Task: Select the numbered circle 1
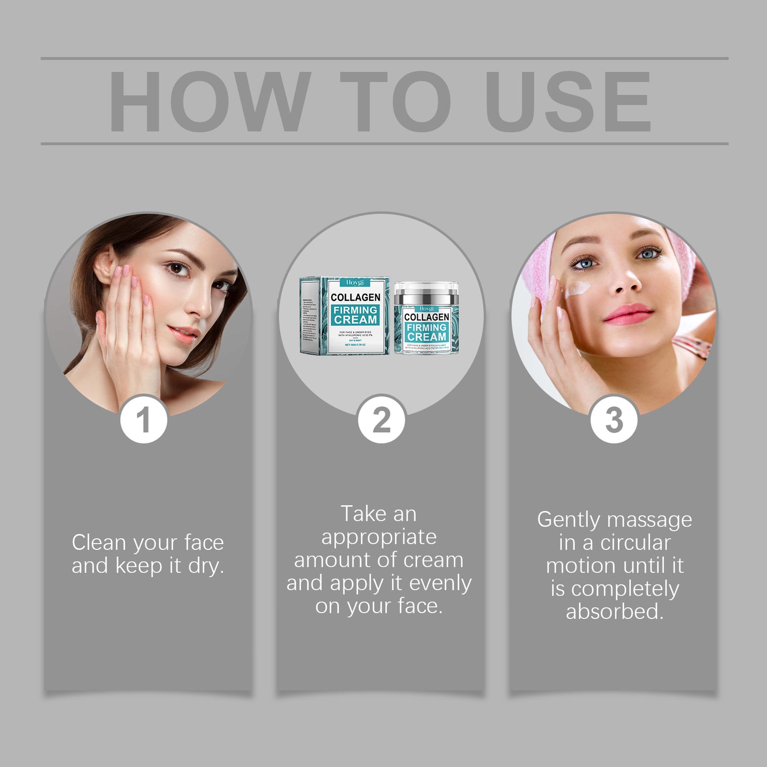click(x=143, y=420)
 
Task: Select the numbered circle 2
click(x=381, y=420)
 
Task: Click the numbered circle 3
click(x=614, y=420)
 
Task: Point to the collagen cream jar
click(x=426, y=318)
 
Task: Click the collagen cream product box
click(x=345, y=315)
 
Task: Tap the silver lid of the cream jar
click(x=426, y=292)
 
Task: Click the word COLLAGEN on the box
click(x=355, y=297)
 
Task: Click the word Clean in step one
click(x=99, y=543)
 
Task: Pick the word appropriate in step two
click(x=379, y=537)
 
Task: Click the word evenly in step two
click(x=440, y=583)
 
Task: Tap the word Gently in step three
click(x=566, y=520)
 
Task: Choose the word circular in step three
click(x=635, y=543)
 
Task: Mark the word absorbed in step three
click(x=615, y=612)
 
